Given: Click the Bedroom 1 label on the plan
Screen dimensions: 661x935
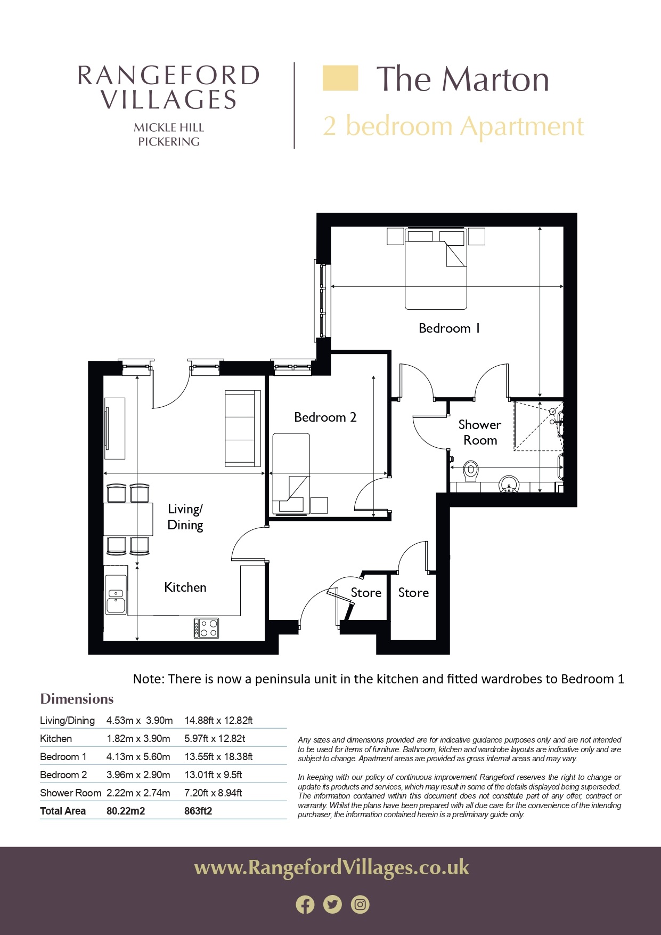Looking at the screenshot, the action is (x=449, y=328).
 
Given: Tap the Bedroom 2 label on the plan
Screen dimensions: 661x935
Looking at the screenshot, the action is (x=325, y=417).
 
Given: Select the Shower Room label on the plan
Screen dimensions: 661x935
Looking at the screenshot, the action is (x=480, y=432).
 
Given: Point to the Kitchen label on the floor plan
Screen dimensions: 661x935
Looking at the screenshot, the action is (x=185, y=587).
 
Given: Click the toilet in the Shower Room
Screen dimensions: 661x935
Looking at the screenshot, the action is (x=470, y=471).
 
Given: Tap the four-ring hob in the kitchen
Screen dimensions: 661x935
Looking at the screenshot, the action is (x=206, y=628).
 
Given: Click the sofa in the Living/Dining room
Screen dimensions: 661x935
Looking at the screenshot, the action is (x=243, y=428).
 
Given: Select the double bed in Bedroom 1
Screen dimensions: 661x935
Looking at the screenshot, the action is (x=436, y=269).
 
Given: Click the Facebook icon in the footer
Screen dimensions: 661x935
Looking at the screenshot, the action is (x=305, y=905).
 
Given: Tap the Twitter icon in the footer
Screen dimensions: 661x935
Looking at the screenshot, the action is (x=333, y=905).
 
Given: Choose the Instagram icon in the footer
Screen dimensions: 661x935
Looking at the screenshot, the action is (x=361, y=905).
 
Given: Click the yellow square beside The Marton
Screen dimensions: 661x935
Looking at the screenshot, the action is (x=340, y=78).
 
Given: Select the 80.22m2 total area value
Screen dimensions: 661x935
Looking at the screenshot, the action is (x=126, y=811).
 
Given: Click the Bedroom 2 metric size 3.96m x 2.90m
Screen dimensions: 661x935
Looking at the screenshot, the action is (x=138, y=775).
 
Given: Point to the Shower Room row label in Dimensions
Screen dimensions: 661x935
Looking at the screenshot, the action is (x=70, y=793).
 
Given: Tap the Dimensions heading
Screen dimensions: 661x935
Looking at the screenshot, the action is (x=77, y=699).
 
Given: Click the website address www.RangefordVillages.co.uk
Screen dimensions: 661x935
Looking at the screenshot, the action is (x=331, y=868).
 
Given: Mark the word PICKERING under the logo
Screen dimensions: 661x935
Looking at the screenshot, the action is (x=169, y=142).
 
